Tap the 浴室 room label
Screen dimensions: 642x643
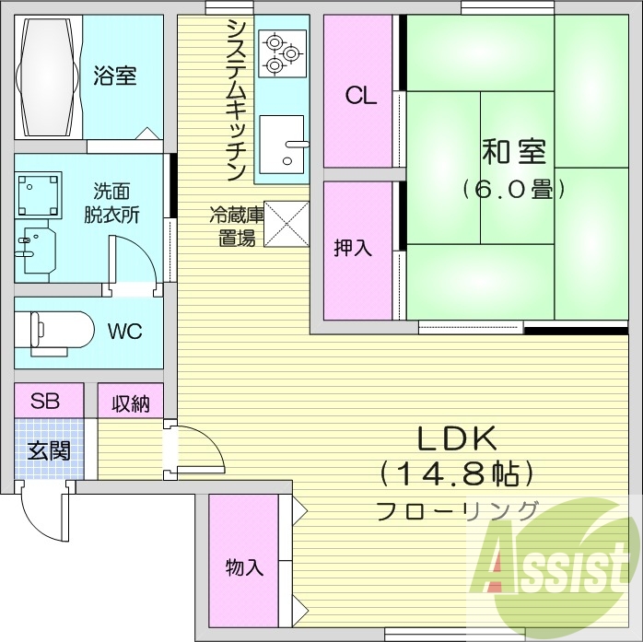(115, 76)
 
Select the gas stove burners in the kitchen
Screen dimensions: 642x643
(281, 53)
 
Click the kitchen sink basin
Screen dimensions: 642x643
(281, 145)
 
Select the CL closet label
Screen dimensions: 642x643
(360, 96)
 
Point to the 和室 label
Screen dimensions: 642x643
(513, 150)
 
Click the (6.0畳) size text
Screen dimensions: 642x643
(513, 191)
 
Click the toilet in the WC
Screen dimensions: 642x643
(60, 331)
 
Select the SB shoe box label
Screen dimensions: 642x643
(46, 401)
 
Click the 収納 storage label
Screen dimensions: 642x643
(131, 403)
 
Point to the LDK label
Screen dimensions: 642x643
(458, 438)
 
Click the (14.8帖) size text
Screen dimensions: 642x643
(458, 474)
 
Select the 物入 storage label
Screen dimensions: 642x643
(244, 566)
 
